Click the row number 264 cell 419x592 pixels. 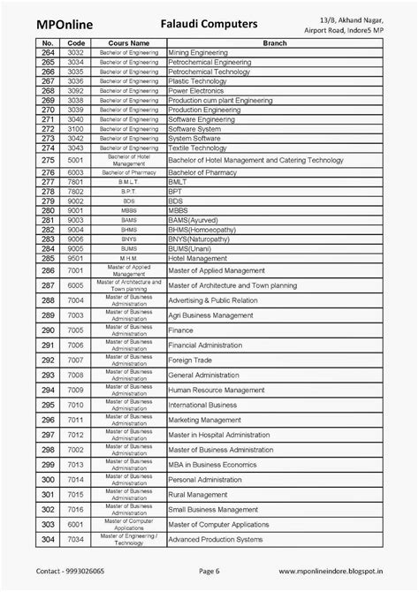(x=48, y=53)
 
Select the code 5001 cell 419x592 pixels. (x=75, y=160)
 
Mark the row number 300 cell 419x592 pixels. (x=48, y=479)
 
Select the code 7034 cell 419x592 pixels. (x=75, y=539)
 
